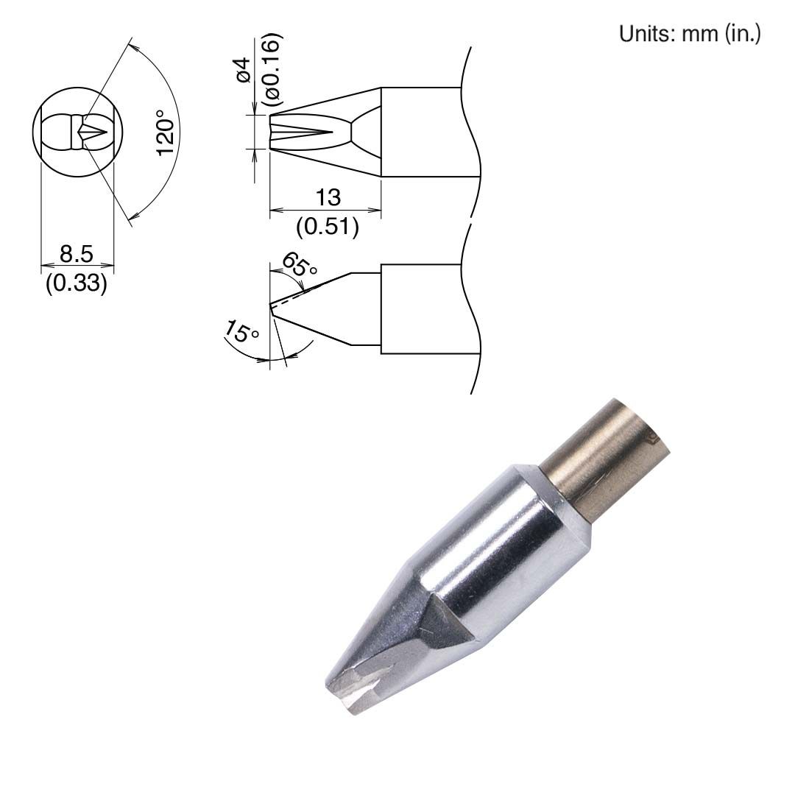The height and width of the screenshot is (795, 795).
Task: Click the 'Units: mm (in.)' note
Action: click(x=690, y=35)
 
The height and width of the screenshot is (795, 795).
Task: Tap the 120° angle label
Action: click(x=167, y=132)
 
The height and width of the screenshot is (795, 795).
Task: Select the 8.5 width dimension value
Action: click(x=77, y=255)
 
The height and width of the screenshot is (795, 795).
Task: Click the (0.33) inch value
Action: click(x=77, y=283)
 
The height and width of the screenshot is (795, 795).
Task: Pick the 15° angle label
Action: click(x=242, y=333)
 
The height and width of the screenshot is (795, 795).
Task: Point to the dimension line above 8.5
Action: click(x=77, y=265)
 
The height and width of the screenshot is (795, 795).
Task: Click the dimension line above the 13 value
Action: click(x=325, y=211)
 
